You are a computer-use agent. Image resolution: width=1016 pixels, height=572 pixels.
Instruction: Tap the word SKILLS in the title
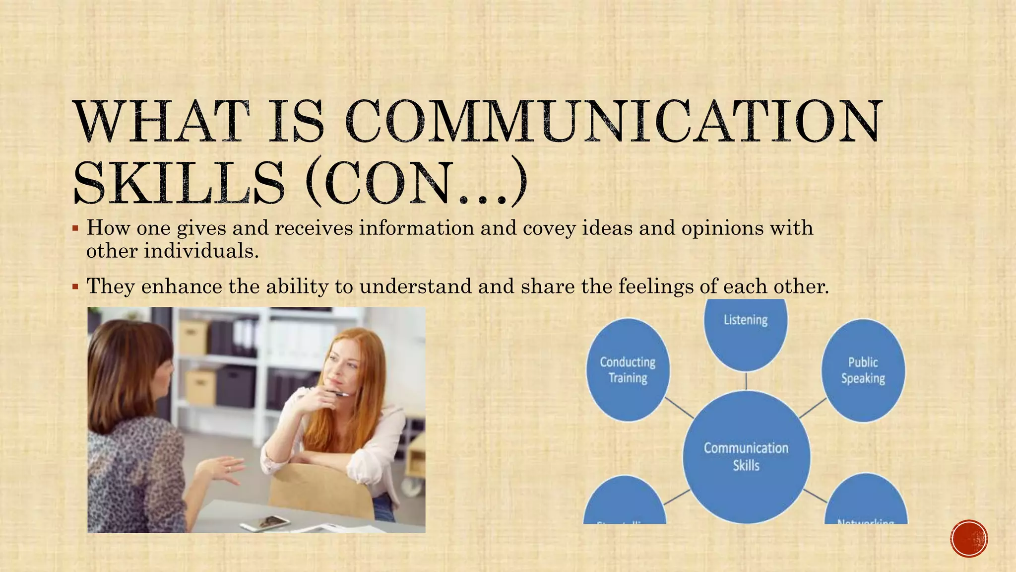(179, 183)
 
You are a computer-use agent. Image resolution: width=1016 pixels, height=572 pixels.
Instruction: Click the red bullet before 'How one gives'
(75, 229)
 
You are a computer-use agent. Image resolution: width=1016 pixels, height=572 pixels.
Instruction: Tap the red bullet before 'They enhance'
(75, 287)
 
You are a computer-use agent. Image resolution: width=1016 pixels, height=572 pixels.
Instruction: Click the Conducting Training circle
(628, 370)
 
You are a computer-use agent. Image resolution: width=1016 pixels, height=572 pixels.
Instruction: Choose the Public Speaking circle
(863, 370)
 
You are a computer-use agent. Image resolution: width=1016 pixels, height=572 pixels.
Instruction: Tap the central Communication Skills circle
(746, 456)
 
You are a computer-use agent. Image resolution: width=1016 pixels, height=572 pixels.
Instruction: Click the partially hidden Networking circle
(866, 501)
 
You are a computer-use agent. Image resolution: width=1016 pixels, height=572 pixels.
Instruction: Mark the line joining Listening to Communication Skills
(746, 381)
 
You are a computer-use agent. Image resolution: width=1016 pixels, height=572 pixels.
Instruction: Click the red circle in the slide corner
(969, 538)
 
